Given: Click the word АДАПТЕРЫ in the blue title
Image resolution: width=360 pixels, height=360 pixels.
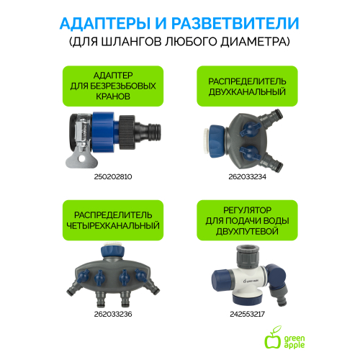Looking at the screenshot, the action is coord(105,23).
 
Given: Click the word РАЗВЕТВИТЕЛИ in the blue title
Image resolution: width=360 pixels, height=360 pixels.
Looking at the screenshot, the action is coord(235,23).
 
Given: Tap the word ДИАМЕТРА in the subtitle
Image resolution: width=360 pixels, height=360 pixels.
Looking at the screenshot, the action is coord(253,42).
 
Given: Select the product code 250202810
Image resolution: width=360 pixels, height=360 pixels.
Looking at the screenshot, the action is coord(113,177).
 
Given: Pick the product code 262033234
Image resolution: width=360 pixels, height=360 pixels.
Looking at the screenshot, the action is coord(247,177).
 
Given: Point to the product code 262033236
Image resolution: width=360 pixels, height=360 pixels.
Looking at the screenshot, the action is coord(113,314).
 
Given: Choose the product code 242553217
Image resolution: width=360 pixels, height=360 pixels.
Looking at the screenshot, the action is coord(247,314).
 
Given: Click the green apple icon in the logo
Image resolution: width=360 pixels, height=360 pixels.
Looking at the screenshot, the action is coord(273,338).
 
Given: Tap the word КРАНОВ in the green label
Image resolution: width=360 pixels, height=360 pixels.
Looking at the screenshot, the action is coord(113,96).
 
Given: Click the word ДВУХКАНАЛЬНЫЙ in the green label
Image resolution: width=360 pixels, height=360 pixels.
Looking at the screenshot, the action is coord(247,92).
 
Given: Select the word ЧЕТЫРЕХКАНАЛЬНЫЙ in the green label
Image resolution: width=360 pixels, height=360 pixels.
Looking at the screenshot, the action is coord(113,226).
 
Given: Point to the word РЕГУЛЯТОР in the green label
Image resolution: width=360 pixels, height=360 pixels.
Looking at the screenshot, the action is coord(247,210).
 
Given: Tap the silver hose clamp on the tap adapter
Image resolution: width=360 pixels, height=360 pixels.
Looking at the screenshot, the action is coord(81,132).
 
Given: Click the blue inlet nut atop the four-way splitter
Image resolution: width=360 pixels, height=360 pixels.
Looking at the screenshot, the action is coord(113,251).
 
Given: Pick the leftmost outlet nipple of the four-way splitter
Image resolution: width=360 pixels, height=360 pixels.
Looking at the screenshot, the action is coord(73,287).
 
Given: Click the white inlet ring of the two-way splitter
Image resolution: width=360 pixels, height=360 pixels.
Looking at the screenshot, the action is coord(206,141).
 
